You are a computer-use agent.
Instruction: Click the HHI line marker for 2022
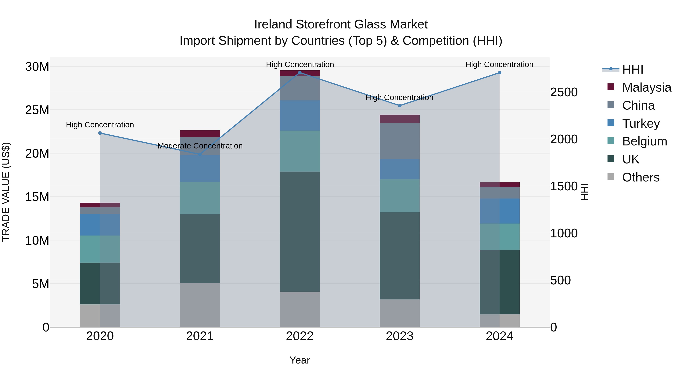[300, 73]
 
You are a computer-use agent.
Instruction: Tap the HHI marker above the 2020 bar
[100, 133]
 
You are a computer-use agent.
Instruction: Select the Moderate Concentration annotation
[200, 146]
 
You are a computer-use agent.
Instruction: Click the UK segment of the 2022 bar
[300, 231]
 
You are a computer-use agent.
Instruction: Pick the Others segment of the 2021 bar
[200, 305]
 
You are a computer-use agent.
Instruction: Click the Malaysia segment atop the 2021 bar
[200, 133]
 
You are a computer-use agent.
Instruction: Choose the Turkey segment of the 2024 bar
[500, 211]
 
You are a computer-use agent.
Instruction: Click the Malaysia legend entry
[647, 87]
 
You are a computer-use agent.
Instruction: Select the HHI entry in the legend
[633, 69]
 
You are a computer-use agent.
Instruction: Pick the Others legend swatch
[611, 177]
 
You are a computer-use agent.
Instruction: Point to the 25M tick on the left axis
[37, 110]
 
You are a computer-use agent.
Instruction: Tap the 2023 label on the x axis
[400, 336]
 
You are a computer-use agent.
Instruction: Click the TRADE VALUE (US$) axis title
[6, 192]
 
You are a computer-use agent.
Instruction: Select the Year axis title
[300, 360]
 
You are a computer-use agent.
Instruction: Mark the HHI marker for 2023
[400, 105]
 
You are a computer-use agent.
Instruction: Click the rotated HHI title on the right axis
[585, 192]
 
